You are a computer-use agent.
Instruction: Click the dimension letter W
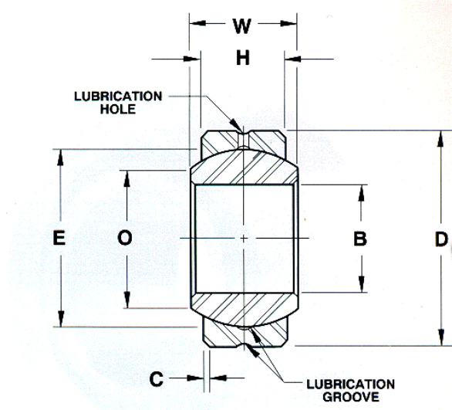pyautogui.click(x=242, y=26)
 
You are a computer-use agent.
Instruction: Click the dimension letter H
pyautogui.click(x=243, y=58)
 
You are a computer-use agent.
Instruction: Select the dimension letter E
pyautogui.click(x=59, y=238)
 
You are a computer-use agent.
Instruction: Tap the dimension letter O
pyautogui.click(x=125, y=238)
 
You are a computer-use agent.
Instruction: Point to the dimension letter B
pyautogui.click(x=360, y=239)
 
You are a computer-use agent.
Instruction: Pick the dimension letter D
pyautogui.click(x=441, y=239)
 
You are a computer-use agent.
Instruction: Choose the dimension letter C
pyautogui.click(x=157, y=378)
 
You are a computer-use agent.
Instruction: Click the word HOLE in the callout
pyautogui.click(x=118, y=109)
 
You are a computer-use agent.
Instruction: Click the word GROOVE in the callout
pyautogui.click(x=351, y=397)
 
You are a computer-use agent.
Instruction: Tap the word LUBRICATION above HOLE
pyautogui.click(x=118, y=97)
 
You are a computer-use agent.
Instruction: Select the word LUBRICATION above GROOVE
pyautogui.click(x=350, y=385)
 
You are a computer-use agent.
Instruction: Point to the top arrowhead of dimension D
pyautogui.click(x=440, y=139)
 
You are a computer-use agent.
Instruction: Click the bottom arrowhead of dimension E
pyautogui.click(x=60, y=319)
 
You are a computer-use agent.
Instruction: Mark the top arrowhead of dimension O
pyautogui.click(x=126, y=178)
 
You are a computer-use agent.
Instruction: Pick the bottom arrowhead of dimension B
pyautogui.click(x=362, y=284)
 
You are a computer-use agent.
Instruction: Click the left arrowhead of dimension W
pyautogui.click(x=197, y=23)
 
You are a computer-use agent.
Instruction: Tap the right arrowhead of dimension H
pyautogui.click(x=293, y=59)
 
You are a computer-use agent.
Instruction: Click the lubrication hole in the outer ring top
pyautogui.click(x=244, y=140)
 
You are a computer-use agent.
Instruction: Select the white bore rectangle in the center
pyautogui.click(x=245, y=239)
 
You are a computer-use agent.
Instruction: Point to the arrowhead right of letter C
pyautogui.click(x=218, y=378)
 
